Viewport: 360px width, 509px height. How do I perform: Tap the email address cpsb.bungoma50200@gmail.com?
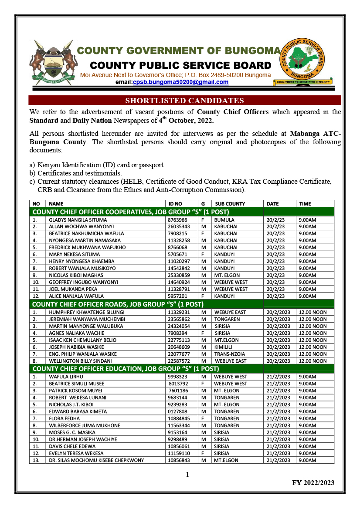[x=180, y=82]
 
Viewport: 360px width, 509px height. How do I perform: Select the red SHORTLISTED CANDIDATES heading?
[x=184, y=101]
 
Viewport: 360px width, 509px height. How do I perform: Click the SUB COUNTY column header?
[x=230, y=204]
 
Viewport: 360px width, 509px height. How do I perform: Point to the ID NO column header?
[x=175, y=204]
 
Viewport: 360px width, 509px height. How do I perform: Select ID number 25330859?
[x=179, y=275]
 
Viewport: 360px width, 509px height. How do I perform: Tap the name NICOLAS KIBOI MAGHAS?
[x=76, y=275]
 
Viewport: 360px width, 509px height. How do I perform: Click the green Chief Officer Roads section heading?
[x=118, y=304]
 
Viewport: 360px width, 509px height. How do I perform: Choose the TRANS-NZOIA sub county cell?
[x=231, y=354]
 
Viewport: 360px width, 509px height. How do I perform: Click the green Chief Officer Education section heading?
[x=126, y=369]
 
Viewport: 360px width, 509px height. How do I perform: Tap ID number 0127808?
[x=178, y=411]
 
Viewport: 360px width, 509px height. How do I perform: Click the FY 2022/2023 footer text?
[x=313, y=482]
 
